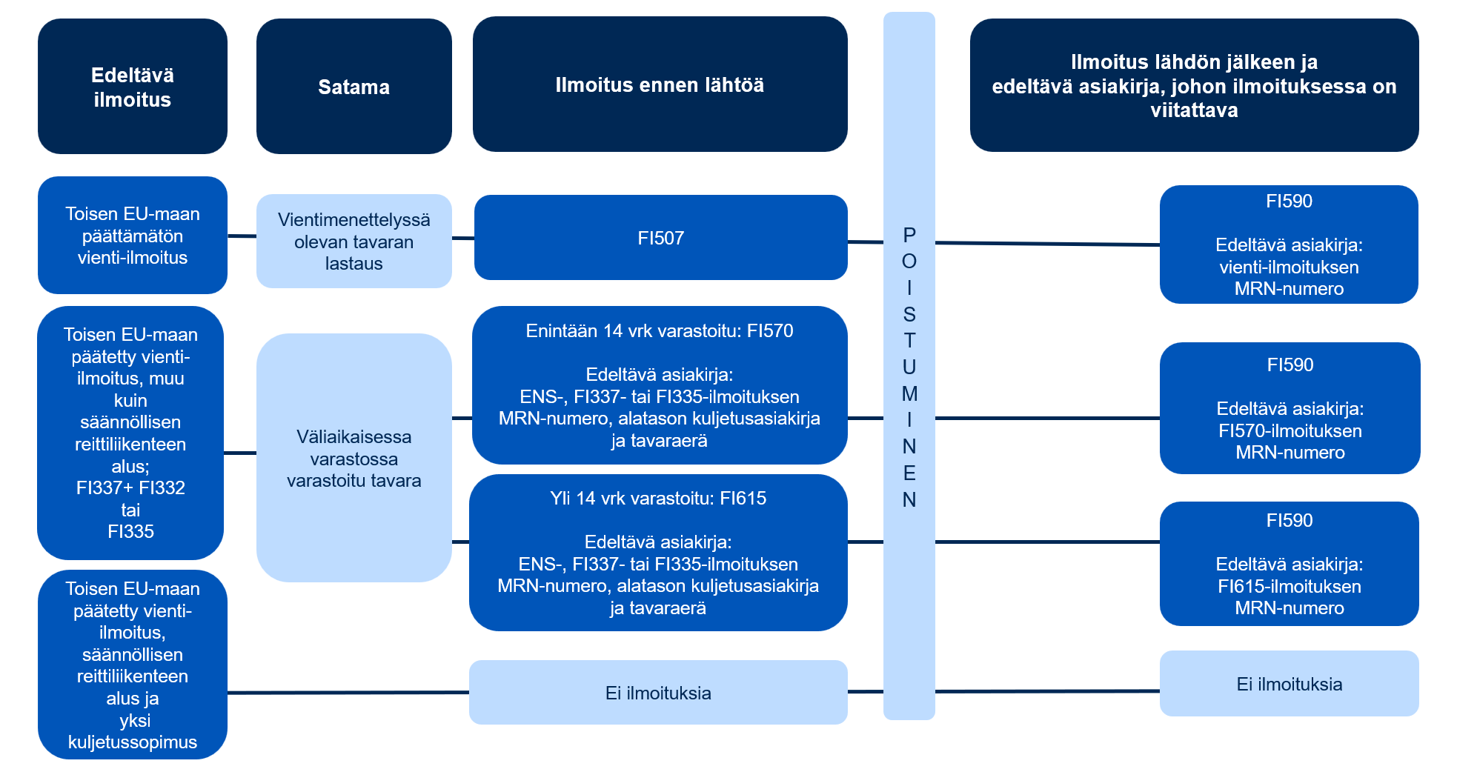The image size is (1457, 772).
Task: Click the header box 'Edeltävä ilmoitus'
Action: coord(133,87)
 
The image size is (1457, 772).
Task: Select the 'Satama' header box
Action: coord(354,87)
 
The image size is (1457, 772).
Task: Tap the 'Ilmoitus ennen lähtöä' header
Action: coord(660,84)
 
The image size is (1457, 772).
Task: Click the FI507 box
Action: coord(660,238)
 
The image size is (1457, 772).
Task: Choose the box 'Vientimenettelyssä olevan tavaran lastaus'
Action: coord(354,242)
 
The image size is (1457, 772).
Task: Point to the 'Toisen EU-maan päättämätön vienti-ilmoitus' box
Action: coord(133,236)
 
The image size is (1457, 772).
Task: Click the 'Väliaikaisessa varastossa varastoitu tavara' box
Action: coord(354,458)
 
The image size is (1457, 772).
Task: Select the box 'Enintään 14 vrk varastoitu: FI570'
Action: coord(659,385)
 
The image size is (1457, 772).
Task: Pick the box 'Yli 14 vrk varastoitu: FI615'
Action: coord(658,553)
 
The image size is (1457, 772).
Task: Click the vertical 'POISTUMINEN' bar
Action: coord(909,593)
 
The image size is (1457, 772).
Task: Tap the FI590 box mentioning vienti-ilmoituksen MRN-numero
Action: coord(1289,244)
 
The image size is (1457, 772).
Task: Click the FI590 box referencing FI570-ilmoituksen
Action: coord(1290,408)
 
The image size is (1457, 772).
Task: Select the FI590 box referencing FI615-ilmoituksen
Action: coord(1289,564)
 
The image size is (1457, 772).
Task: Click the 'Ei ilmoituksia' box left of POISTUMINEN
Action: coord(658,693)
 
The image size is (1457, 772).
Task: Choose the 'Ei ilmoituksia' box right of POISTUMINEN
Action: coord(1289,684)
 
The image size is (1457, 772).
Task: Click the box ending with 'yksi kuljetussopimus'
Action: coord(133,665)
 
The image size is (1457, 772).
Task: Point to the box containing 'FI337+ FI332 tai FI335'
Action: coord(130,433)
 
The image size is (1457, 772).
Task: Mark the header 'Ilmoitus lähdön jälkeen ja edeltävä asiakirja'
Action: coord(1194,85)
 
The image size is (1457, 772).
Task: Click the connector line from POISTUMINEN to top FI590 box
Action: coord(1047,243)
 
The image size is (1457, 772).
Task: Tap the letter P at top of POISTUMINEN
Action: coord(909,235)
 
